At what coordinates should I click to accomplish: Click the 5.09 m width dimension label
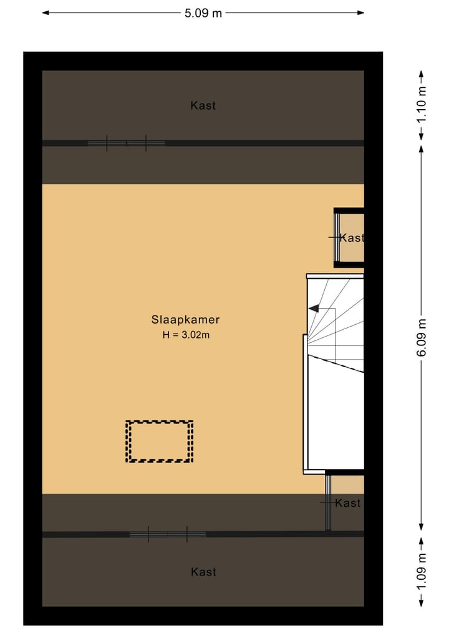click(203, 13)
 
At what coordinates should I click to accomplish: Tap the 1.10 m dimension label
click(422, 105)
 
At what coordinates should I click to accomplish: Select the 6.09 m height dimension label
click(422, 337)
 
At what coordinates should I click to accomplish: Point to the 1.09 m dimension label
click(422, 572)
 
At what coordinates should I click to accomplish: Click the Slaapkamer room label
click(185, 320)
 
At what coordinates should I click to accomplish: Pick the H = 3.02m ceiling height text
click(185, 335)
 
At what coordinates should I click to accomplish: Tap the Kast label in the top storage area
click(203, 106)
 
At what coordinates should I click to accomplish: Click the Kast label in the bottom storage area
click(203, 572)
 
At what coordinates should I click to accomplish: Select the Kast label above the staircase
click(352, 238)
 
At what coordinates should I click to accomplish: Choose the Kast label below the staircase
click(347, 503)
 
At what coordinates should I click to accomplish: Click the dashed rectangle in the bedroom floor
click(160, 441)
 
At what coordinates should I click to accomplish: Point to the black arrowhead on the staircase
click(314, 308)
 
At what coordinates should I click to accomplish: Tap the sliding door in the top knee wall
click(126, 143)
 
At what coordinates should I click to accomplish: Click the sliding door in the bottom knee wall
click(167, 534)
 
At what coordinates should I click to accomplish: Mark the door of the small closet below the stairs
click(327, 502)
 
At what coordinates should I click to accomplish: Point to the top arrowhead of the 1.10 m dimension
click(422, 74)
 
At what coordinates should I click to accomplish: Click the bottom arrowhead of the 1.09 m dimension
click(422, 602)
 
